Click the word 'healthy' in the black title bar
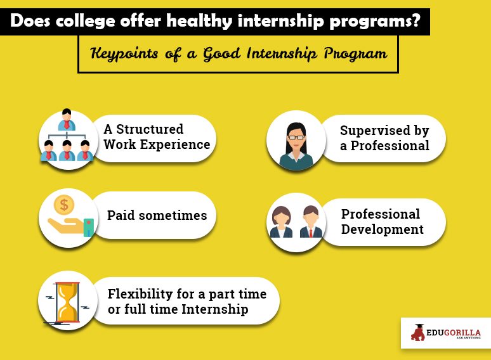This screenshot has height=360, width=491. click(199, 22)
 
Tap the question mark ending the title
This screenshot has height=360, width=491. click(416, 20)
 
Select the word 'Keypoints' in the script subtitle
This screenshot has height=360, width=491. click(124, 53)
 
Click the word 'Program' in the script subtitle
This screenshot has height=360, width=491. click(355, 53)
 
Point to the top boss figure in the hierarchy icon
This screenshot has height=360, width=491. click(67, 120)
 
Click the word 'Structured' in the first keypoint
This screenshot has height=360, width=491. click(150, 129)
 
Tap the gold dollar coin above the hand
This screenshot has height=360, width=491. click(64, 205)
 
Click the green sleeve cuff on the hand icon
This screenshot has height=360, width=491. click(89, 227)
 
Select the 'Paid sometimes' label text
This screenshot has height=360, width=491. click(157, 215)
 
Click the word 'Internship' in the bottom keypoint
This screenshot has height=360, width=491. click(215, 309)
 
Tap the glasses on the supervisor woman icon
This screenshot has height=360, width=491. click(296, 138)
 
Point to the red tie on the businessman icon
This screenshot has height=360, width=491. click(311, 233)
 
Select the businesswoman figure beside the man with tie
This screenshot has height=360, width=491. click(281, 222)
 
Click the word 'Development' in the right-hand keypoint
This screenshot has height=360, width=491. click(383, 229)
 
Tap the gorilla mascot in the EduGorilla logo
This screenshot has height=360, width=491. click(418, 333)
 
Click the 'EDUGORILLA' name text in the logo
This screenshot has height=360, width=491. click(453, 332)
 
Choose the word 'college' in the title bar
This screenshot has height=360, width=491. click(86, 22)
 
